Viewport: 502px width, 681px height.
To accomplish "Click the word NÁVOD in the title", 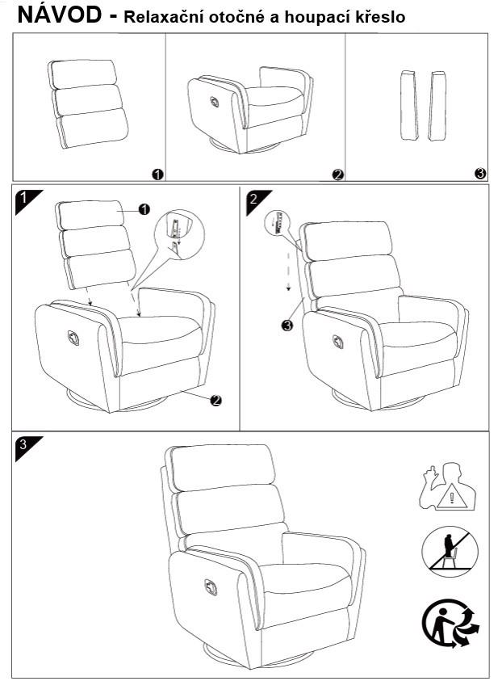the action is (60, 15).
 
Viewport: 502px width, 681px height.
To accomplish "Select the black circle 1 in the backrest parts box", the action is (157, 174).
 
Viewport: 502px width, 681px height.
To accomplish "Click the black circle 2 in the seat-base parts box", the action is (338, 174).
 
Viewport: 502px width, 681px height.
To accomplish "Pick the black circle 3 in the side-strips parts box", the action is (480, 174).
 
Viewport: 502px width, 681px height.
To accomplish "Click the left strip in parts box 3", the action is (409, 106).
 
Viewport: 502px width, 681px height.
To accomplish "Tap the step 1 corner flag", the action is (27, 200).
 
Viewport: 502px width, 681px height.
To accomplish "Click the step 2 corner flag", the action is (256, 201).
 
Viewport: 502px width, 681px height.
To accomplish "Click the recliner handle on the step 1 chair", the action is (73, 338).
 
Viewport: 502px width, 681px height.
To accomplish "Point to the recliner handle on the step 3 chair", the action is (211, 586).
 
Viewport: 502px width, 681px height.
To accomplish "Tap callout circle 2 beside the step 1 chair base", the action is (215, 400).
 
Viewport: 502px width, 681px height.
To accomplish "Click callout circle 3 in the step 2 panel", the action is (287, 325).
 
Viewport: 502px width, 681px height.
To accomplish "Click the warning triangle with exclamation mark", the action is (453, 497).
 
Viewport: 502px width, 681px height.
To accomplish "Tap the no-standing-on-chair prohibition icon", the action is (450, 550).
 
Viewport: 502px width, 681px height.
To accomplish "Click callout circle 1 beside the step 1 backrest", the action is (144, 209).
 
